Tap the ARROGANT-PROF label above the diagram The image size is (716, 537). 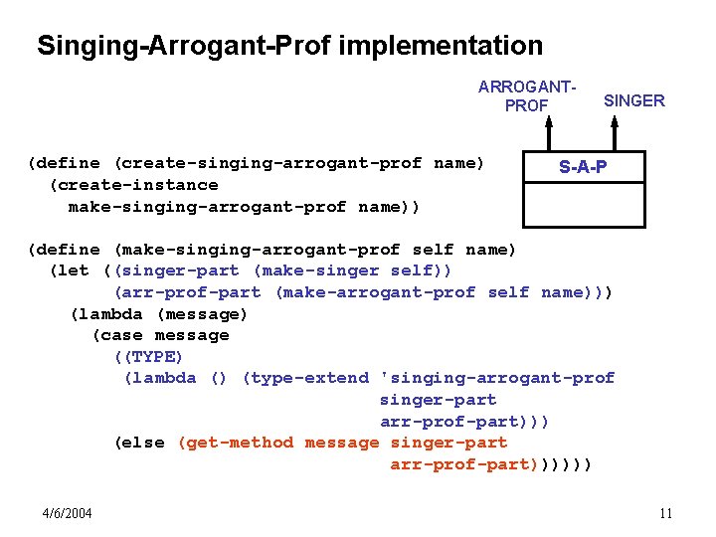point(527,95)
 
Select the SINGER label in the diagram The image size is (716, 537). point(634,100)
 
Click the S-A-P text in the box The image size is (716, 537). point(583,167)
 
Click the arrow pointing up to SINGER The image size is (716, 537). point(615,133)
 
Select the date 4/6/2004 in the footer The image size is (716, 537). point(68,513)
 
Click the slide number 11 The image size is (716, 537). point(665,513)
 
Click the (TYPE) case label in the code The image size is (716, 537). point(149,357)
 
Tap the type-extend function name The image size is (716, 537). point(309,378)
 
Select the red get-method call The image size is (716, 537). point(240,443)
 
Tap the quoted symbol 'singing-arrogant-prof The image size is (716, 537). point(497,378)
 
